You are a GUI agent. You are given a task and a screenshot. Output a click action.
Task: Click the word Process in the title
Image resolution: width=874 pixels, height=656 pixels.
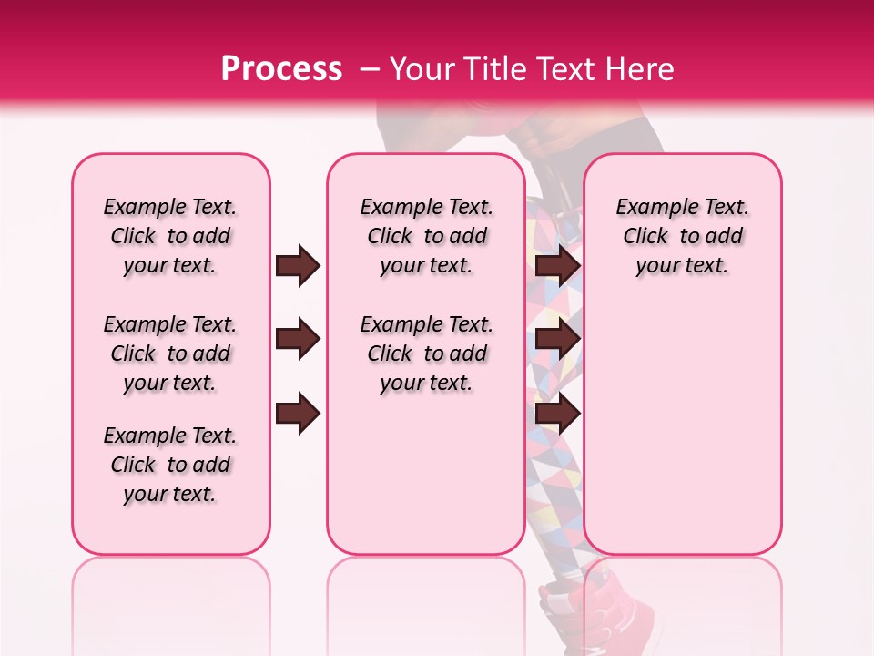pyautogui.click(x=281, y=68)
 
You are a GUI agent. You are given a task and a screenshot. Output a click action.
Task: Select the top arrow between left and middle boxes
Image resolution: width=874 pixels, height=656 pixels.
pyautogui.click(x=298, y=266)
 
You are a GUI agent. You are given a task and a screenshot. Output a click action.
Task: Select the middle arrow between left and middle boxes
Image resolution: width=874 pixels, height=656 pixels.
pyautogui.click(x=298, y=340)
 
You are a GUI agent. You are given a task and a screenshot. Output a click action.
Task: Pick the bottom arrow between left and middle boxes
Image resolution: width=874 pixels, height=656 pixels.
pyautogui.click(x=298, y=414)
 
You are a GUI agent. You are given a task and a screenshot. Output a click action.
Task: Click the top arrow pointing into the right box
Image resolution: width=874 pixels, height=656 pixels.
pyautogui.click(x=558, y=266)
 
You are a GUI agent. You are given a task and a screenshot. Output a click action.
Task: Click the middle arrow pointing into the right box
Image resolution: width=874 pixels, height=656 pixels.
pyautogui.click(x=558, y=340)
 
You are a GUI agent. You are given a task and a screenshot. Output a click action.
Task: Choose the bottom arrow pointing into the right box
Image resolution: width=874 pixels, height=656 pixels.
pyautogui.click(x=558, y=414)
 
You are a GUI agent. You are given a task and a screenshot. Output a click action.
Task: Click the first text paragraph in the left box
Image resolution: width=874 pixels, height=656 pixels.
pyautogui.click(x=170, y=236)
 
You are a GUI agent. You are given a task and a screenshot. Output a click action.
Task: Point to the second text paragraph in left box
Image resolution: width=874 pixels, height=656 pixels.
pyautogui.click(x=170, y=354)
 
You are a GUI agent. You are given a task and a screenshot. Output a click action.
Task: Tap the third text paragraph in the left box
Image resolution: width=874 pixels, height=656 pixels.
pyautogui.click(x=170, y=465)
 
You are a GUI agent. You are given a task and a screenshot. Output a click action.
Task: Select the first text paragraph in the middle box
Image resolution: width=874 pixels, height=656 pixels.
pyautogui.click(x=427, y=236)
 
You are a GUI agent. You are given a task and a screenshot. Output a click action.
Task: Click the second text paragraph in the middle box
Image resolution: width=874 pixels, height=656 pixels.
pyautogui.click(x=427, y=354)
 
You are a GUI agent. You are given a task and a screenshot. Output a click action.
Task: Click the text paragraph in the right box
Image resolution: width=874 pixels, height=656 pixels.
pyautogui.click(x=683, y=236)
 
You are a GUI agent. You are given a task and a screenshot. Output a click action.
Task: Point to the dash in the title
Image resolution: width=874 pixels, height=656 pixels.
pyautogui.click(x=370, y=69)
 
